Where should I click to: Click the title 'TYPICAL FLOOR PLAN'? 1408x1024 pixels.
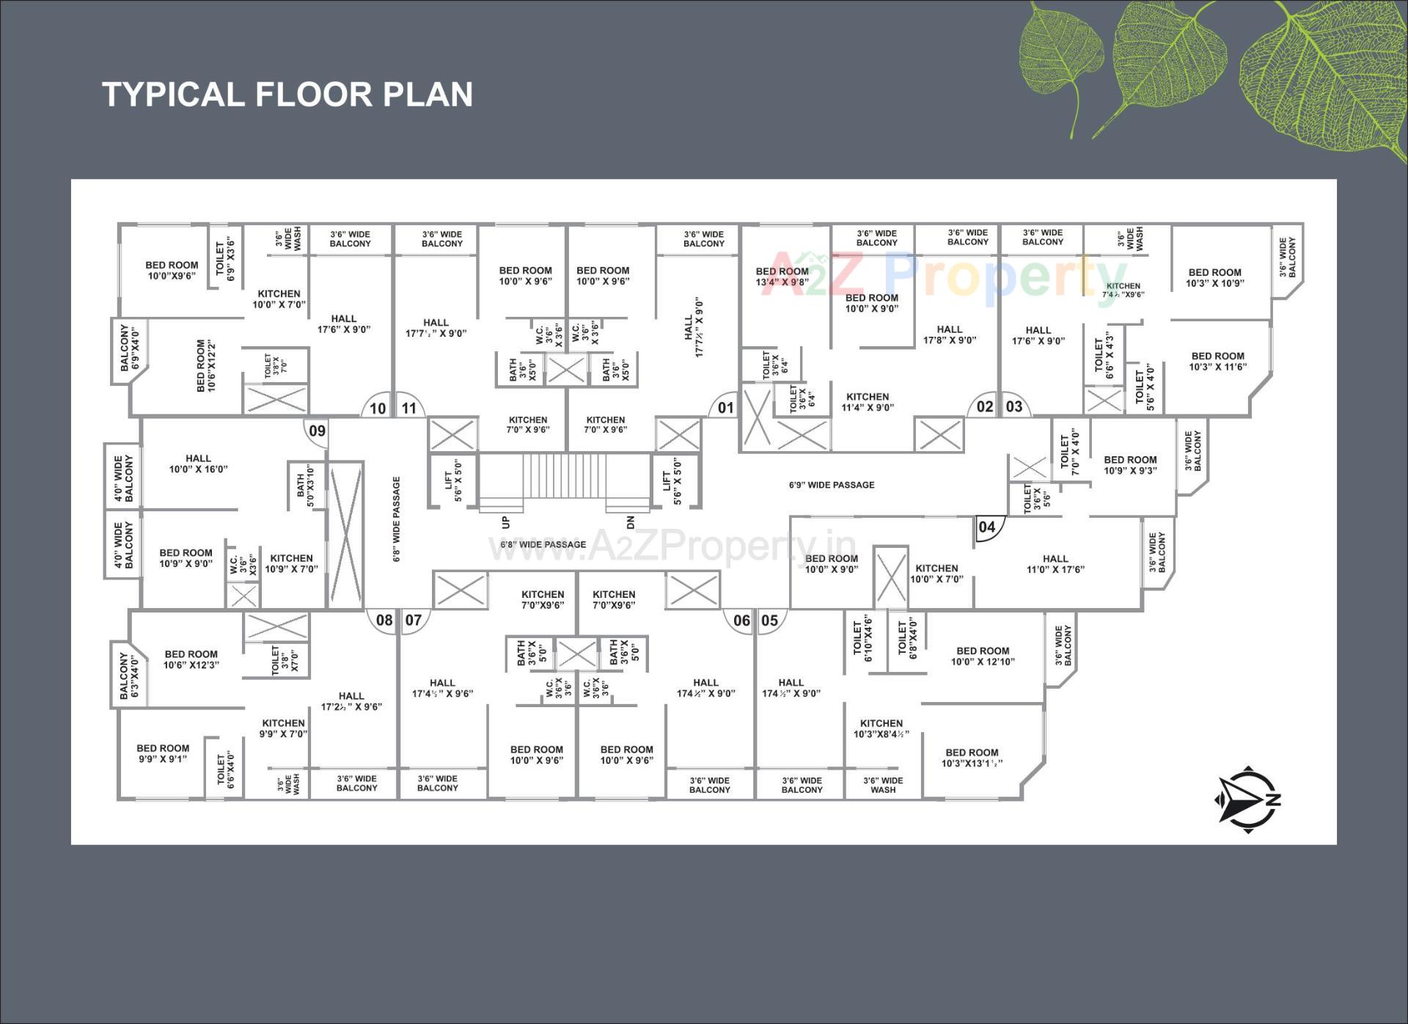click(x=287, y=95)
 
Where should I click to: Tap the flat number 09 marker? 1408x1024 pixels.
click(x=317, y=431)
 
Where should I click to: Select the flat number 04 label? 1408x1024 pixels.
click(x=987, y=527)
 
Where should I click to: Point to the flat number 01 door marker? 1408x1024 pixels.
click(x=725, y=408)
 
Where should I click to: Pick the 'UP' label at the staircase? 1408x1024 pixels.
click(x=505, y=522)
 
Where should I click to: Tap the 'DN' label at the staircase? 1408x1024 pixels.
click(x=630, y=522)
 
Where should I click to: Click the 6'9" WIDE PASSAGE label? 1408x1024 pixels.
click(x=832, y=485)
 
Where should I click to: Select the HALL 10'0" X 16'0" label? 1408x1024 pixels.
click(x=198, y=464)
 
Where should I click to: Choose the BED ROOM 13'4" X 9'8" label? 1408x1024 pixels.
click(x=782, y=277)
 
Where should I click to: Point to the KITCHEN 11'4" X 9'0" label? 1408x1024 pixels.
click(x=868, y=402)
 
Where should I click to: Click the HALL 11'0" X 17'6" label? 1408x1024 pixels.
click(x=1055, y=564)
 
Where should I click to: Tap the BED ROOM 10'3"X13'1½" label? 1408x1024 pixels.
click(x=972, y=758)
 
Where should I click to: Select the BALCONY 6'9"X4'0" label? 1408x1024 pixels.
click(x=129, y=348)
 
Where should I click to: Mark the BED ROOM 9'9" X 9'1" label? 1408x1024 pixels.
click(x=163, y=753)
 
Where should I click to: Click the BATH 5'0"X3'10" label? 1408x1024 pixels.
click(x=305, y=485)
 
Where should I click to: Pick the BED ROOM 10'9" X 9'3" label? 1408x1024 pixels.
click(x=1130, y=465)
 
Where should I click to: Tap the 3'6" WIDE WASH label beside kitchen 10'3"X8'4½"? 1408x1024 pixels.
click(x=883, y=785)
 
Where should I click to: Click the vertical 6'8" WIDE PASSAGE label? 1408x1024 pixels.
click(x=397, y=519)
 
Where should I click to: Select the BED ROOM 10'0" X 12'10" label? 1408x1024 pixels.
click(x=983, y=656)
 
